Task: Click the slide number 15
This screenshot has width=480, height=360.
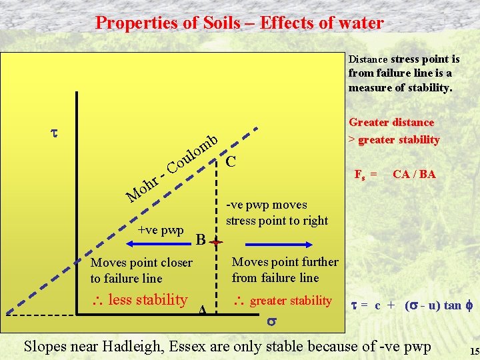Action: click(475, 351)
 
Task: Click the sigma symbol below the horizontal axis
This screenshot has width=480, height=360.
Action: click(271, 321)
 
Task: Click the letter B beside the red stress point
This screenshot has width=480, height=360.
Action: click(200, 239)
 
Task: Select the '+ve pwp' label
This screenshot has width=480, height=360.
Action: click(161, 230)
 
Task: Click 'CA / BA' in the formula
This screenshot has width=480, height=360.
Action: click(414, 174)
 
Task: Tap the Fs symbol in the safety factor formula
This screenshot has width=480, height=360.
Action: click(359, 175)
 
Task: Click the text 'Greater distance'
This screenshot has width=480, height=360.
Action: click(391, 123)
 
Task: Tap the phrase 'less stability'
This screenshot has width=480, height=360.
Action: click(147, 299)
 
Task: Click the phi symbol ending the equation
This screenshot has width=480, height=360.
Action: click(469, 305)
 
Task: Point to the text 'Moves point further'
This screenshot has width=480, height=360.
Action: click(285, 262)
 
